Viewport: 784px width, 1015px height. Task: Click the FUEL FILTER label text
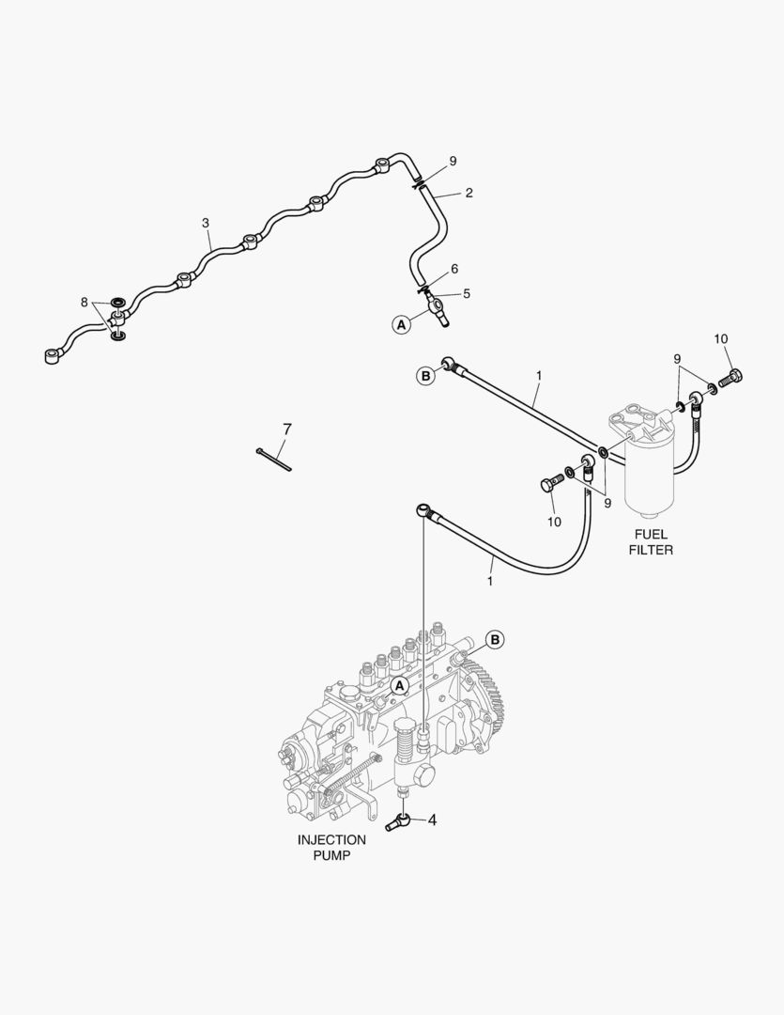651,541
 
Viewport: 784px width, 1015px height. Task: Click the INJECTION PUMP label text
331,848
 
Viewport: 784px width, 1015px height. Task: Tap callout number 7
287,429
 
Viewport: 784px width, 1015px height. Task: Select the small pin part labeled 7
274,459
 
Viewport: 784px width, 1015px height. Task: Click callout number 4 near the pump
432,820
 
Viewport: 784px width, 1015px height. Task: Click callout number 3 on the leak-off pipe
205,224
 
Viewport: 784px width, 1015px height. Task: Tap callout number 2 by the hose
469,193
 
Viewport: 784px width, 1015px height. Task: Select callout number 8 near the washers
85,303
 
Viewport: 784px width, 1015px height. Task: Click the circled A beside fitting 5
401,324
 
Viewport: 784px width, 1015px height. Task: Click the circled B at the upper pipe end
425,376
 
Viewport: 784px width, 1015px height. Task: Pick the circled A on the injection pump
398,686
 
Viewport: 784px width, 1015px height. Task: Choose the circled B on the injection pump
495,639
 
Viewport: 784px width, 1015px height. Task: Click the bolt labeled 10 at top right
734,379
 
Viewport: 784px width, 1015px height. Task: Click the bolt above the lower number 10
549,485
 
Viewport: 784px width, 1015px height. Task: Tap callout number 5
467,293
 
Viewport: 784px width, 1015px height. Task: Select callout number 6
454,269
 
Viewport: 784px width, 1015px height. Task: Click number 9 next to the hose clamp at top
453,162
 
